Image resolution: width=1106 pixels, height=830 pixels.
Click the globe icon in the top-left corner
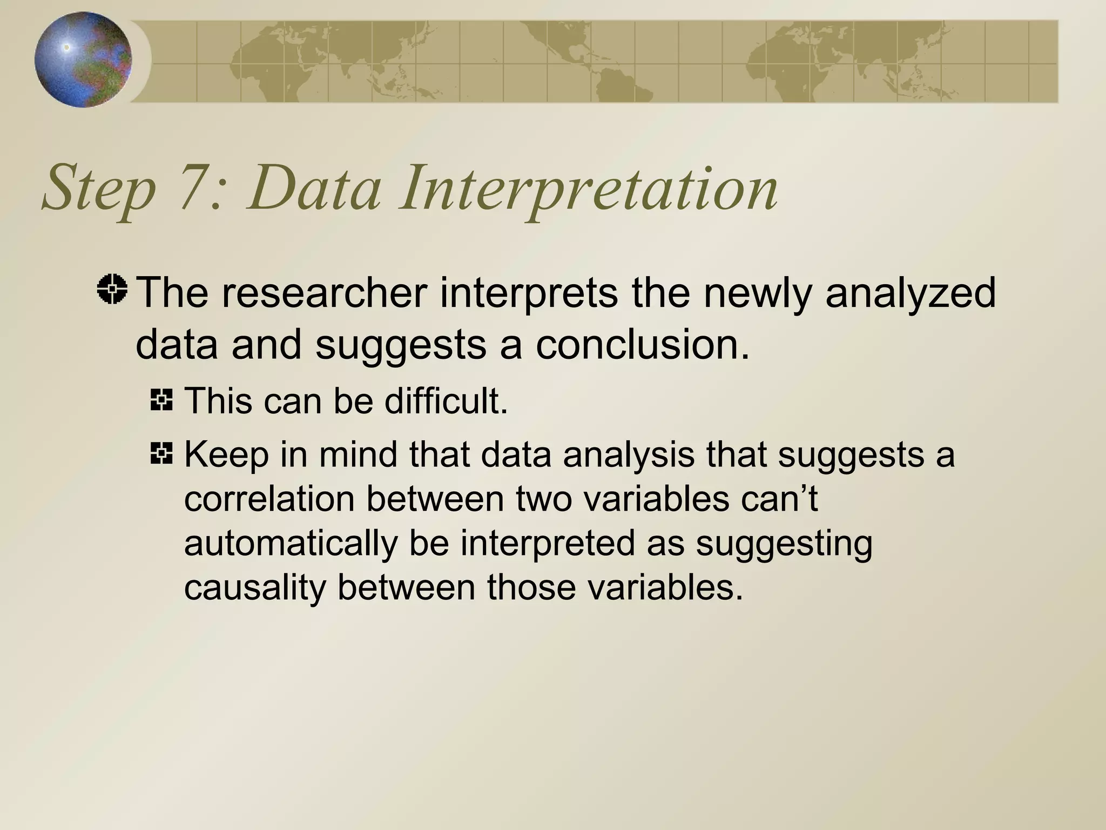click(x=83, y=59)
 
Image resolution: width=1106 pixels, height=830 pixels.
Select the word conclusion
click(x=643, y=345)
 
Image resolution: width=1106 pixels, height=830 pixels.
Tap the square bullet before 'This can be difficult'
click(x=161, y=400)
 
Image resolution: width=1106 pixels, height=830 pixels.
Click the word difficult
click(x=446, y=401)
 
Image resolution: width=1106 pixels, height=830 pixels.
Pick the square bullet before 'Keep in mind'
click(x=161, y=453)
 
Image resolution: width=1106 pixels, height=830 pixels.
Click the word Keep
click(x=226, y=456)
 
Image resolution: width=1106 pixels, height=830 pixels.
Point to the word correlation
click(x=269, y=499)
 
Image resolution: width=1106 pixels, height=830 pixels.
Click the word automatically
click(x=291, y=545)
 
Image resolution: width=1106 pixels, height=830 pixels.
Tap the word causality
click(x=254, y=587)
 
